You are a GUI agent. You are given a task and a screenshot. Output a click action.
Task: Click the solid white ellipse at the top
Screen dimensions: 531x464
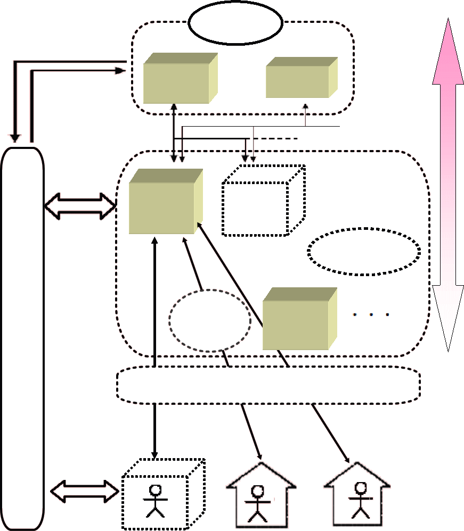235,23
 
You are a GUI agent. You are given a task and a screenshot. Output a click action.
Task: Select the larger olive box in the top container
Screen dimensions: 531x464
177,82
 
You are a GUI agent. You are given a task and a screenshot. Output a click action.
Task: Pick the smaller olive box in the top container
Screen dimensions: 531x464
298,81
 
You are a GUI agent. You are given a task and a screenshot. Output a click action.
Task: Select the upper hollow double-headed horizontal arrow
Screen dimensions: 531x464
80,206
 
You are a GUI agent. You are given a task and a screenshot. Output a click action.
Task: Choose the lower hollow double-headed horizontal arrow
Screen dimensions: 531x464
85,491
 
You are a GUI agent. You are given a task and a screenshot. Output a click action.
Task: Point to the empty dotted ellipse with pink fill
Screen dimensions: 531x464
364,252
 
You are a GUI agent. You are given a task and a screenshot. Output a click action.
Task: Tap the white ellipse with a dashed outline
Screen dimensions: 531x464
210,320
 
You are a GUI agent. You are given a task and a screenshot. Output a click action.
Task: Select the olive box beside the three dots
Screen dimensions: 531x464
296,322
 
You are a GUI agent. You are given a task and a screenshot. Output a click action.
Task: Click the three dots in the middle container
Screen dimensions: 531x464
372,315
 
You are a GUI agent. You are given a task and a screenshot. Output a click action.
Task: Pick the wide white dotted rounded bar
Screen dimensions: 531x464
268,385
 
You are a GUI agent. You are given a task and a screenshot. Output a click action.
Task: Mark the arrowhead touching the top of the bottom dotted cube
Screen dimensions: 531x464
155,455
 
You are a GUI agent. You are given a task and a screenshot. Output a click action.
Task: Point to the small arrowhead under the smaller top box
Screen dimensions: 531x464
305,105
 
